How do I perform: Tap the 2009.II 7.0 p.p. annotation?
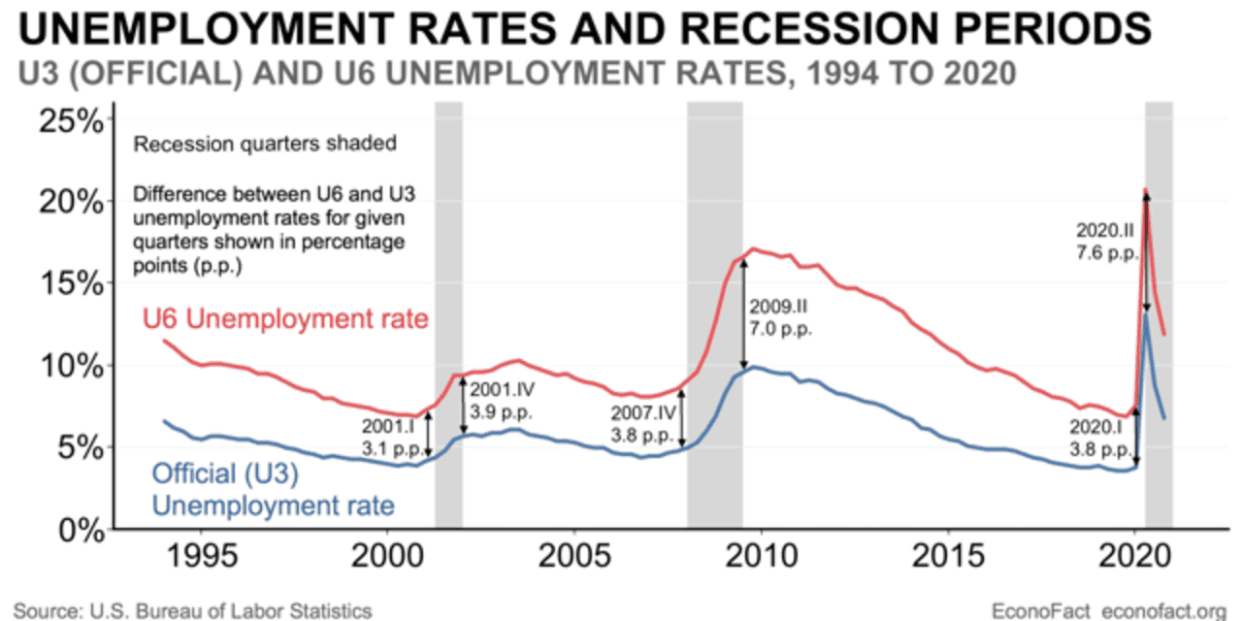780,318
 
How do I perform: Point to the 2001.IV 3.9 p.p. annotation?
502,401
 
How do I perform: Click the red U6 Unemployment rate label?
285,317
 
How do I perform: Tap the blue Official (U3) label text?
224,474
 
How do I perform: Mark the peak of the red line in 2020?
1146,190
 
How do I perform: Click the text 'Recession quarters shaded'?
265,145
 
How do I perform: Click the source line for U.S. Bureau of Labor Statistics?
192,610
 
